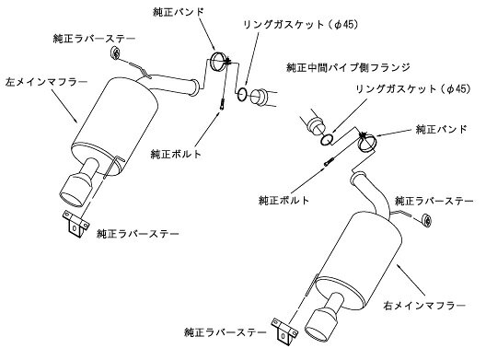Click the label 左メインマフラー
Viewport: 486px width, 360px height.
coord(47,82)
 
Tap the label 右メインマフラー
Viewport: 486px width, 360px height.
coord(424,306)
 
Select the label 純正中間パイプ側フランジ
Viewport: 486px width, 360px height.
coord(348,67)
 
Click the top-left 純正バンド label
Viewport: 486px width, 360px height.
coord(179,12)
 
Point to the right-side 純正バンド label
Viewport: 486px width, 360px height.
coord(442,129)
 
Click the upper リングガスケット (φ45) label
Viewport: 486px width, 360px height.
coord(300,25)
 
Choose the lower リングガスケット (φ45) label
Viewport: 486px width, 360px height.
coord(413,89)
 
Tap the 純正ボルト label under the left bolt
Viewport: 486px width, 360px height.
coord(176,154)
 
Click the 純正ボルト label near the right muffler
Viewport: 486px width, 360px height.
coord(283,200)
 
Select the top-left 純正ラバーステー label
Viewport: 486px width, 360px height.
coord(95,39)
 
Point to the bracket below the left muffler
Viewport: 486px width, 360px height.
coord(75,224)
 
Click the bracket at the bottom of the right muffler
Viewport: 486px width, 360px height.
coord(284,331)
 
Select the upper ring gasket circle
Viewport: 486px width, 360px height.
coord(242,94)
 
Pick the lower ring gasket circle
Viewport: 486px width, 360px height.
coord(327,140)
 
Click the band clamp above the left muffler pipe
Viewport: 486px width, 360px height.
coord(218,62)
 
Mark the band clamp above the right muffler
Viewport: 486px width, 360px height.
coord(368,143)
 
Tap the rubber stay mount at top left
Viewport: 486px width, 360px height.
coord(115,53)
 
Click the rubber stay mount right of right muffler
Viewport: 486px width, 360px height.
coord(428,220)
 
